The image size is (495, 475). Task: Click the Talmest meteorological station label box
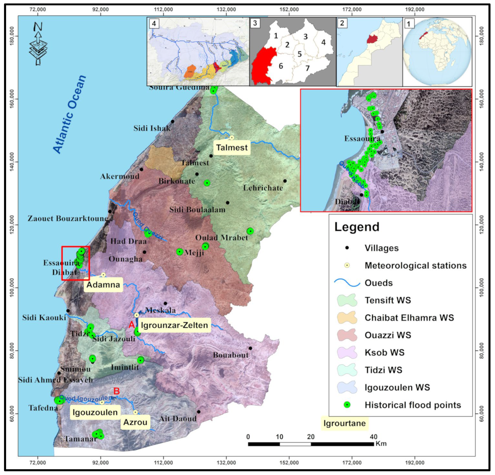pos(232,147)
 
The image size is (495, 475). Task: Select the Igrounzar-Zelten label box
pos(174,325)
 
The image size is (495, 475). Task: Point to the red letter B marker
pos(116,391)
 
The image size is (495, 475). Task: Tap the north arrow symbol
pos(38,43)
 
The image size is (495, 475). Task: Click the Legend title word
pos(357,227)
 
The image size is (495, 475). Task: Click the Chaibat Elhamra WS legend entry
pos(409,317)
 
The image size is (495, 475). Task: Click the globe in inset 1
pos(437,52)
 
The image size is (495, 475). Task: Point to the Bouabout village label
pos(231,355)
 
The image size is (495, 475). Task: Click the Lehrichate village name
pos(263,188)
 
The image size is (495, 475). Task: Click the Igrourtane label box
pos(344,423)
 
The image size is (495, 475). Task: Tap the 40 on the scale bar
pos(373,437)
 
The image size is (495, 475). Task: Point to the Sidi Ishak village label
pos(152,128)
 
